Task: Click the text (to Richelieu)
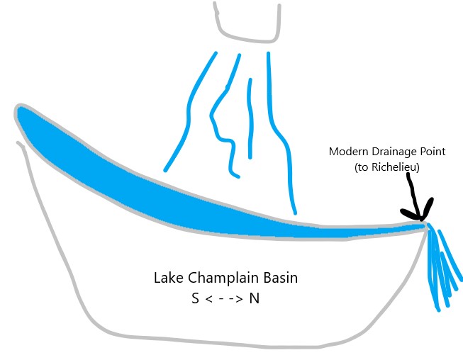[387, 167]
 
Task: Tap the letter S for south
[195, 298]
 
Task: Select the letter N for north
[255, 298]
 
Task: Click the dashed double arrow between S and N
[224, 298]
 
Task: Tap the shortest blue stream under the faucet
[250, 118]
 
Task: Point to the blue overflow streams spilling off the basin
[443, 266]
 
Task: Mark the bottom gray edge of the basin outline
[225, 342]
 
